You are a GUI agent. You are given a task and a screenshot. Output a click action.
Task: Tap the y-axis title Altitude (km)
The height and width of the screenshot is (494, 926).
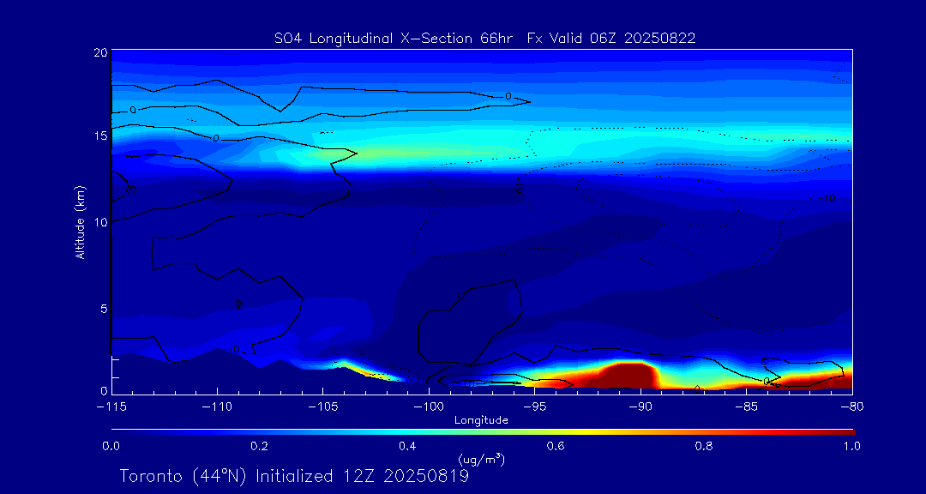coord(80,222)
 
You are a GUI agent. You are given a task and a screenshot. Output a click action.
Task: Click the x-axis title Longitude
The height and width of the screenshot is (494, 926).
coord(481,420)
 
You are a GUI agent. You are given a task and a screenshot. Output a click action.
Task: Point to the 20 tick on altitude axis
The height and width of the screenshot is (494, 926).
coord(100,53)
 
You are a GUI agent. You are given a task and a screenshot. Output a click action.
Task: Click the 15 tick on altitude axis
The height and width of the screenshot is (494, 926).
coord(100,136)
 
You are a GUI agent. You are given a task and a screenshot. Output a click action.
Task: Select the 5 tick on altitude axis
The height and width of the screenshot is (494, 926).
coord(103,307)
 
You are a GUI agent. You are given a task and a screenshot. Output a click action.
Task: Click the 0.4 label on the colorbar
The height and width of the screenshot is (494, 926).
coord(407,446)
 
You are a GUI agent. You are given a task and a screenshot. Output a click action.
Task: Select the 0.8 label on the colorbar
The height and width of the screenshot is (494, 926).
coord(704,446)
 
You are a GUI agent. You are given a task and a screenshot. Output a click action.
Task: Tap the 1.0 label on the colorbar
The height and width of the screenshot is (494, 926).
coord(851,446)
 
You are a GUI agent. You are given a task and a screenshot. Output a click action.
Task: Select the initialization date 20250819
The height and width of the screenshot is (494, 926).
coord(426,476)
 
